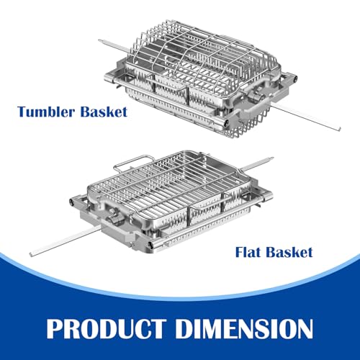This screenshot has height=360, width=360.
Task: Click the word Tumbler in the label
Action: pyautogui.click(x=46, y=112)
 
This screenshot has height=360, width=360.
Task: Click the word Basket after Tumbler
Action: pyautogui.click(x=104, y=112)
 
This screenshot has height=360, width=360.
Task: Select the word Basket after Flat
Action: pyautogui.click(x=289, y=252)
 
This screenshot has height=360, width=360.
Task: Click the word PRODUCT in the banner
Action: pyautogui.click(x=107, y=328)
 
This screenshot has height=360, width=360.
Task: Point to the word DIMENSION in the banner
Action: pyautogui.click(x=244, y=328)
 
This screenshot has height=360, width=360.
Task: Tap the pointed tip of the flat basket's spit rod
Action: pyautogui.click(x=273, y=158)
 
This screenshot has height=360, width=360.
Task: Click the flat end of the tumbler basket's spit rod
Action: pyautogui.click(x=339, y=129)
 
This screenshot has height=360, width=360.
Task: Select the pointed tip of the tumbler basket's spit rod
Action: pyautogui.click(x=99, y=40)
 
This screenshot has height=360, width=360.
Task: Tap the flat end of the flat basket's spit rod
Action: pyautogui.click(x=31, y=254)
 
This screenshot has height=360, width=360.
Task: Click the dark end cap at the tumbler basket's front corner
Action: pyautogui.click(x=226, y=123)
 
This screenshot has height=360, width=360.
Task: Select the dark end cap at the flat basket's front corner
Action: pyautogui.click(x=150, y=245)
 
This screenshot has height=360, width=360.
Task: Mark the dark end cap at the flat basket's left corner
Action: pyautogui.click(x=72, y=202)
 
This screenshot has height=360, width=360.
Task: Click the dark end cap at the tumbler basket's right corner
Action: pyautogui.click(x=295, y=78)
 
